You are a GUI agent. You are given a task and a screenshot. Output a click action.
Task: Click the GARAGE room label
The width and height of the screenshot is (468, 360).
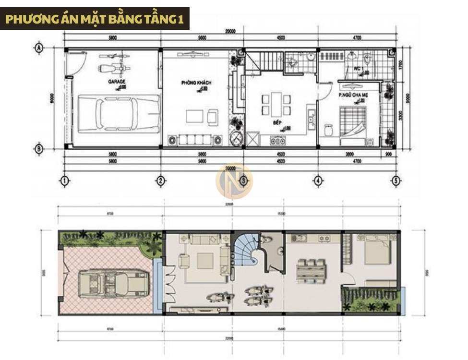pos(117,82)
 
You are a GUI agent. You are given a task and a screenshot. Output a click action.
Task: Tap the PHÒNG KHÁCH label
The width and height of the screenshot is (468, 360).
pos(196,83)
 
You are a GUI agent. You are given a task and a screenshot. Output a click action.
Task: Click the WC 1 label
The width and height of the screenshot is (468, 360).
pos(357,69)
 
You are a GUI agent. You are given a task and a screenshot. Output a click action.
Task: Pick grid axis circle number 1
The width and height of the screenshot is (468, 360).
pos(64,181)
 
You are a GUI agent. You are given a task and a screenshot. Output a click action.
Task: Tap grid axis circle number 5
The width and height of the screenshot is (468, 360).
pos(396,181)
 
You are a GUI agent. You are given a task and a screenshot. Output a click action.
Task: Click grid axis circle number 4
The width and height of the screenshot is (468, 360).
pos(317,181)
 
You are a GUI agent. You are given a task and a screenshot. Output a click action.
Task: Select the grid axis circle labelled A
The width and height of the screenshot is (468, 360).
pos(39,48)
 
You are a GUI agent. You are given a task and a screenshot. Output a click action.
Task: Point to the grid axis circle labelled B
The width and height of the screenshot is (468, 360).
pos(39,149)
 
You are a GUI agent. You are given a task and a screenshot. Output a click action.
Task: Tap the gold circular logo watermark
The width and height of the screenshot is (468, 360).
pos(234,181)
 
